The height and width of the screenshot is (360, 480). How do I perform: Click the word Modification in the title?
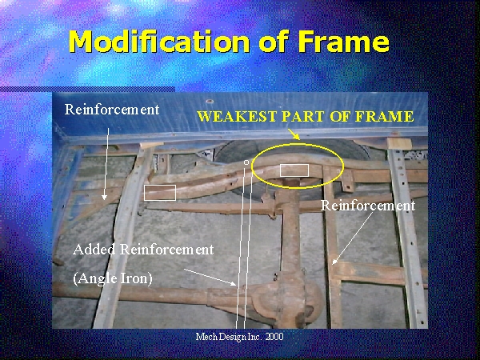159,41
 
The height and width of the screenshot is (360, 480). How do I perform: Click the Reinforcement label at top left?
112,110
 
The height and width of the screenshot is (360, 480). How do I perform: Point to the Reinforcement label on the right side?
368,206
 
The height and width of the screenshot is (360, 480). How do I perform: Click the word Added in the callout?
94,250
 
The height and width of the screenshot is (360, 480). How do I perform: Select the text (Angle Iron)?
113,278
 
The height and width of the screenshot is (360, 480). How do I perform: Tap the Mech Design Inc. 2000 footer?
240,337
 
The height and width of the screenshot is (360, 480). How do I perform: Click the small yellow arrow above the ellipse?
294,134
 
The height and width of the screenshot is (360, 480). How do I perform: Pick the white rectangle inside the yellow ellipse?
294,170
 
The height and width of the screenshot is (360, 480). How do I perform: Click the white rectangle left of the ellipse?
160,193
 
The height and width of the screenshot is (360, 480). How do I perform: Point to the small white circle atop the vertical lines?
246,162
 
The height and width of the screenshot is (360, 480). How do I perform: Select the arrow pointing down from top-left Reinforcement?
106,164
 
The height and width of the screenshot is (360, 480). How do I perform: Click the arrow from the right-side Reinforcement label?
353,238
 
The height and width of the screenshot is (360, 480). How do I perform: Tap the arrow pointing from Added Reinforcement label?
210,278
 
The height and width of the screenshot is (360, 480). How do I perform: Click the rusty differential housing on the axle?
288,298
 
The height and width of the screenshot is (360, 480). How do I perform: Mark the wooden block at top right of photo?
399,143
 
